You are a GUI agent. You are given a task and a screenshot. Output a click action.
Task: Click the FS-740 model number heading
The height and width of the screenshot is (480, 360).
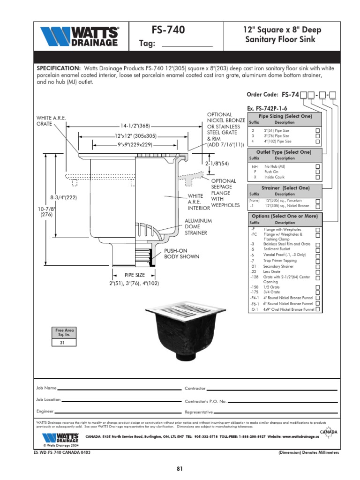click(168, 30)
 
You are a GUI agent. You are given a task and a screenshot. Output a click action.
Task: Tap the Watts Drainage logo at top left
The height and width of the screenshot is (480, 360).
click(79, 36)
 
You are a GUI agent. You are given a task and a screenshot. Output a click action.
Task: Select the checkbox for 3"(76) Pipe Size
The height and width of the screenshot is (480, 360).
click(318, 136)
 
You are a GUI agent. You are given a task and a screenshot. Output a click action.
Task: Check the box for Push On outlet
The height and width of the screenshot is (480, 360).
click(318, 172)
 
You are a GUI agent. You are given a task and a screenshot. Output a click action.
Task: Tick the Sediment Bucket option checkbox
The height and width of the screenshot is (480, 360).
click(318, 249)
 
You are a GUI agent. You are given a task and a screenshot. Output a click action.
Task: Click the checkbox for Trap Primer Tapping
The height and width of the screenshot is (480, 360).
click(318, 261)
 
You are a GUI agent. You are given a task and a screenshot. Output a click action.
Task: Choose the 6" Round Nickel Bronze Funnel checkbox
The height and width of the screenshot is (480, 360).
click(318, 304)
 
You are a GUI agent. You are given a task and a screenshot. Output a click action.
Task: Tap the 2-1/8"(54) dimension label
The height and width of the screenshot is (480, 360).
click(217, 164)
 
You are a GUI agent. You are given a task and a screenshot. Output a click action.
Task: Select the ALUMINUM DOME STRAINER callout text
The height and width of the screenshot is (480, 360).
click(198, 227)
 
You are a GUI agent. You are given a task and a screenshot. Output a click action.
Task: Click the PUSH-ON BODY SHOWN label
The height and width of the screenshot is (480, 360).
click(181, 254)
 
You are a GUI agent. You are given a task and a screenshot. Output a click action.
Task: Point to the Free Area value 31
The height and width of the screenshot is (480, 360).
click(62, 343)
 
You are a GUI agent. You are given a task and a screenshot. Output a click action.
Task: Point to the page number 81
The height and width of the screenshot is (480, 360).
click(180, 468)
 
